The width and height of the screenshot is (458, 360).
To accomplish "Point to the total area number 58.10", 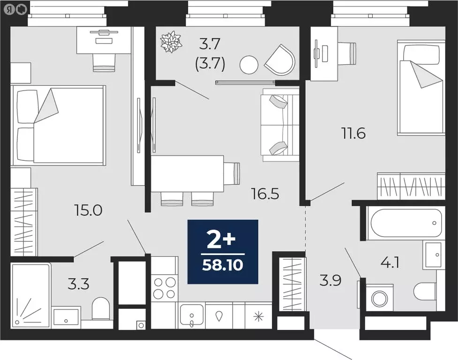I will [223, 265].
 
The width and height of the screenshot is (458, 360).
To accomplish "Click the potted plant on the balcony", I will [171, 42].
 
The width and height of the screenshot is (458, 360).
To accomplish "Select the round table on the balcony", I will [249, 64].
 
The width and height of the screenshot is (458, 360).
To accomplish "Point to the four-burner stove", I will [165, 287].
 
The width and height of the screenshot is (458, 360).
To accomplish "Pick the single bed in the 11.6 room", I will [421, 88].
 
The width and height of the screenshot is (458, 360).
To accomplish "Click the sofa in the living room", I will [281, 125].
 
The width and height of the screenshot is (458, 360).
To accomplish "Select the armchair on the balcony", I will [280, 60].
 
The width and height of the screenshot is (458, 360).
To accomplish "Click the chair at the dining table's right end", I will [232, 173].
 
